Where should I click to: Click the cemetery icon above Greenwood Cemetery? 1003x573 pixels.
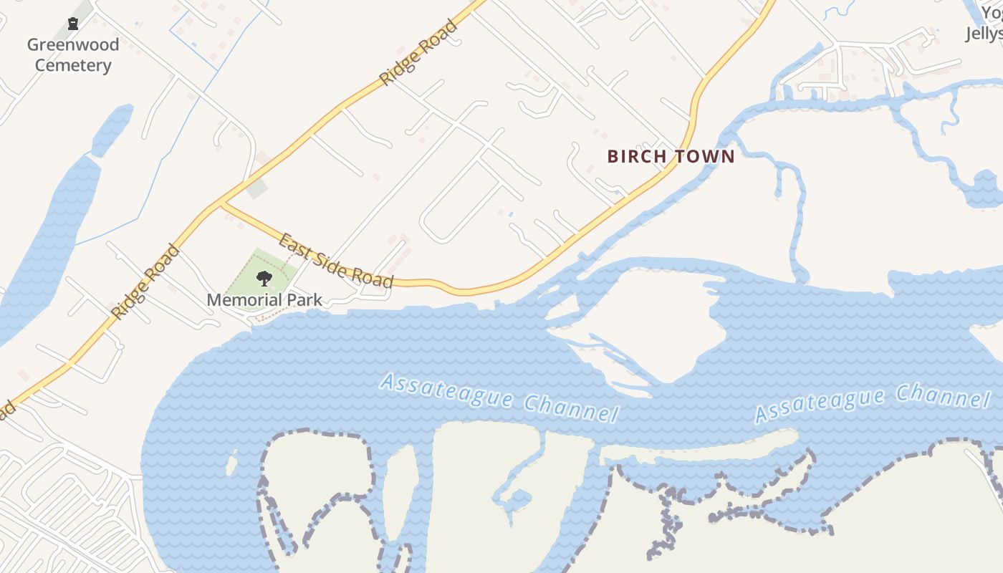point(72,24)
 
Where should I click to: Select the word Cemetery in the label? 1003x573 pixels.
point(73,66)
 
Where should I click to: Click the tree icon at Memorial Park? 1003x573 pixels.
point(264,279)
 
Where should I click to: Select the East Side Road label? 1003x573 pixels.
point(336,260)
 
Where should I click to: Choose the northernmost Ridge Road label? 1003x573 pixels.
point(418,54)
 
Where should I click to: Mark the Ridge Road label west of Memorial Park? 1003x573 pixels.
point(145,281)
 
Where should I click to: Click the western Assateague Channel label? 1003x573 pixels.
point(499,398)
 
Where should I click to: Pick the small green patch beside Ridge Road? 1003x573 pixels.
point(257,188)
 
